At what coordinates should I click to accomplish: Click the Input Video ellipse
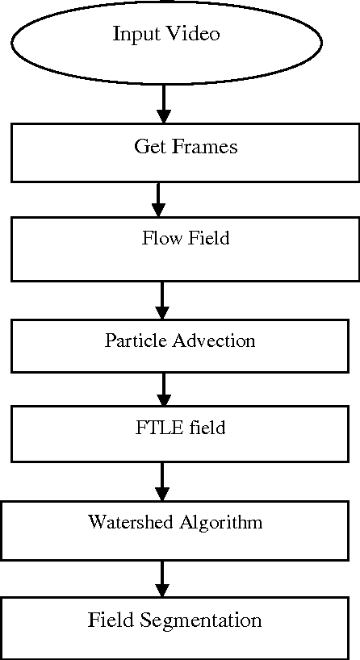pyautogui.click(x=165, y=40)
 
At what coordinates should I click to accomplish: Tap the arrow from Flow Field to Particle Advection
pyautogui.click(x=163, y=300)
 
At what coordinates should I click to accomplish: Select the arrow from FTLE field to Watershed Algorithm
pyautogui.click(x=164, y=481)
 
